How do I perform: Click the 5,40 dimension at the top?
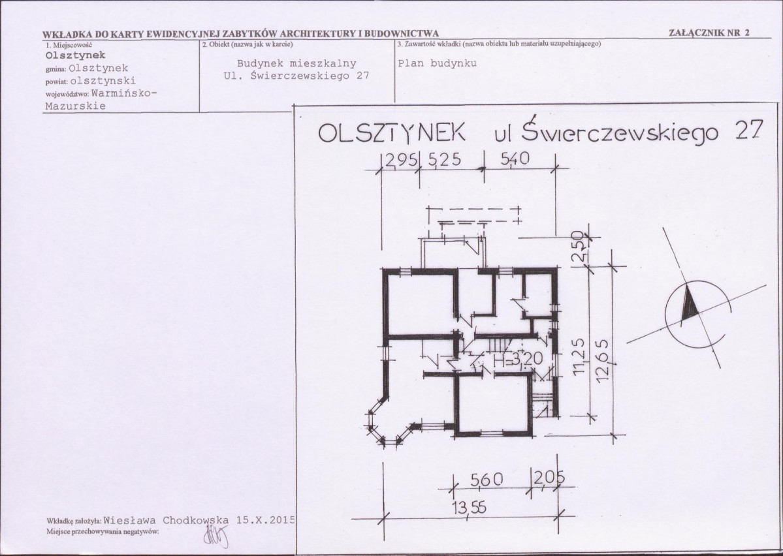coord(515,159)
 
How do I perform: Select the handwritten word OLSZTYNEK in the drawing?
coord(392,132)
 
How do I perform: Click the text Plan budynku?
coord(438,63)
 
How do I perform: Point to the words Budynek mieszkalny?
coord(296,63)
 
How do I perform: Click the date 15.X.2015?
coord(266,519)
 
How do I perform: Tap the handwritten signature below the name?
coord(216,536)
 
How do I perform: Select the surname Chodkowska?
coord(196,519)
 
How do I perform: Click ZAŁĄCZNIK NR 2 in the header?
coord(709,33)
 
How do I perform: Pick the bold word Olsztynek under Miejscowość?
coord(75,55)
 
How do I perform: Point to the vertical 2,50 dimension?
coord(578,246)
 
